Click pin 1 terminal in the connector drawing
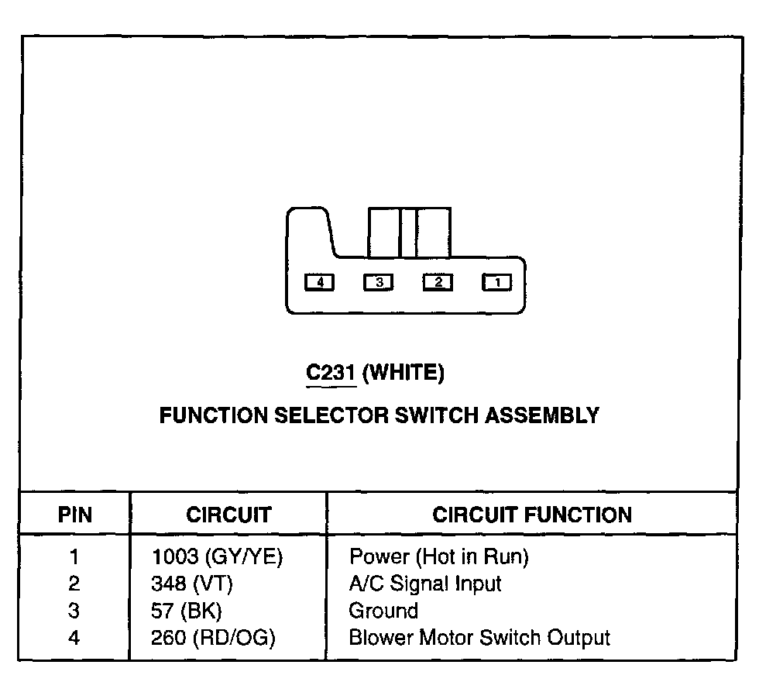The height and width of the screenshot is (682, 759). pyautogui.click(x=496, y=283)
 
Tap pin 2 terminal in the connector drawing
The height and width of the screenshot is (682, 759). pyautogui.click(x=438, y=283)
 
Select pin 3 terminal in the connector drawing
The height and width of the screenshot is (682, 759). pyautogui.click(x=379, y=283)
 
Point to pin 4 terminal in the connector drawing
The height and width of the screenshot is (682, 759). pyautogui.click(x=319, y=283)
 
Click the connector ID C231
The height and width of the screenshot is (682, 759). pyautogui.click(x=331, y=374)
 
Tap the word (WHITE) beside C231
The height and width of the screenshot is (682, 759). pyautogui.click(x=403, y=374)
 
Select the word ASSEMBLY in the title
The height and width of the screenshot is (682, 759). pyautogui.click(x=542, y=415)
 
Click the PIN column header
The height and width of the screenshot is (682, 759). pyautogui.click(x=74, y=515)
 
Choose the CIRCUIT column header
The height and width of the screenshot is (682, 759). pyautogui.click(x=228, y=515)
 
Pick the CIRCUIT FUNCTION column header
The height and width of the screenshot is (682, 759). pyautogui.click(x=531, y=515)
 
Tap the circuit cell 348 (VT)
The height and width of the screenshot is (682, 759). pyautogui.click(x=192, y=584)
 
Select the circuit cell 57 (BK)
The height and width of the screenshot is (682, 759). pyautogui.click(x=187, y=611)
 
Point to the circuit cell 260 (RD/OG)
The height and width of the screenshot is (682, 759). pyautogui.click(x=214, y=638)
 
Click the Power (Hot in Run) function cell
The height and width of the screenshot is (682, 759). pyautogui.click(x=438, y=556)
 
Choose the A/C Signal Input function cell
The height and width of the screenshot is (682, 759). pyautogui.click(x=425, y=584)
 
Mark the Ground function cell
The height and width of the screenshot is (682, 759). pyautogui.click(x=383, y=611)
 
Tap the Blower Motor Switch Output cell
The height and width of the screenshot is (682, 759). pyautogui.click(x=479, y=638)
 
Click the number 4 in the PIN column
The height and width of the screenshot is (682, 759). pyautogui.click(x=74, y=638)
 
